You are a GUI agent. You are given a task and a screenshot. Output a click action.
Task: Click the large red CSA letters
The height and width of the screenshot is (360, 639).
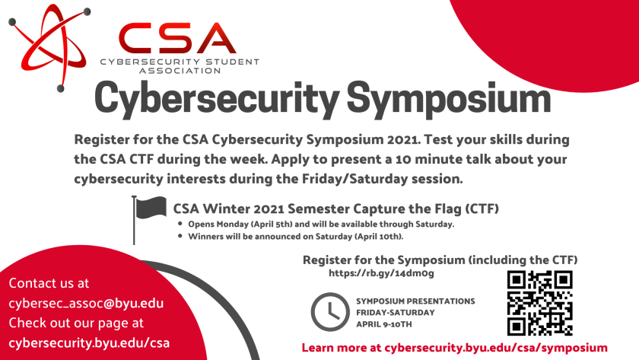tap(177, 38)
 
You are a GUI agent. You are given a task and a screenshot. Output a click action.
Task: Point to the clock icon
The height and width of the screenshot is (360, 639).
tap(330, 312)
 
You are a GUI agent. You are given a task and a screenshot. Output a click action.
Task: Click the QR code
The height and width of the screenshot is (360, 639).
tap(540, 303)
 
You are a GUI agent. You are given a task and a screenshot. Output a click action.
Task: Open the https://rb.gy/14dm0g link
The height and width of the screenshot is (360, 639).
tap(381, 273)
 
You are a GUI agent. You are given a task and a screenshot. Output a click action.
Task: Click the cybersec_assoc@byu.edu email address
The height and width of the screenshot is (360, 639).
tap(86, 304)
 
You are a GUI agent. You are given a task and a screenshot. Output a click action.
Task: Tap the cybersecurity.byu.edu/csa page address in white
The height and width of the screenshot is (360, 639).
tap(89, 343)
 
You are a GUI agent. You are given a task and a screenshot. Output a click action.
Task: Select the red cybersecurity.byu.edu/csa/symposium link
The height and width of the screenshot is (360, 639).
tap(496, 348)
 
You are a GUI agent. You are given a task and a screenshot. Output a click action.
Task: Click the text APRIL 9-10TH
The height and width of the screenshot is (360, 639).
tap(384, 324)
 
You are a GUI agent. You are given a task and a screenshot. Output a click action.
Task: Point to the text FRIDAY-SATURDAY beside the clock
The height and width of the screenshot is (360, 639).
tap(396, 313)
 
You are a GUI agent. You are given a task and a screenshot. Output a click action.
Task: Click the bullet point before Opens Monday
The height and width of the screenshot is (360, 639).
tap(180, 224)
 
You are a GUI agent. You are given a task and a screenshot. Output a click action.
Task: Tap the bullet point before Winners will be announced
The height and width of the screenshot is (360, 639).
tap(180, 236)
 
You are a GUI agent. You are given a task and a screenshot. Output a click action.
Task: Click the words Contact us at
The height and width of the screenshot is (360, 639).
tap(49, 283)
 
